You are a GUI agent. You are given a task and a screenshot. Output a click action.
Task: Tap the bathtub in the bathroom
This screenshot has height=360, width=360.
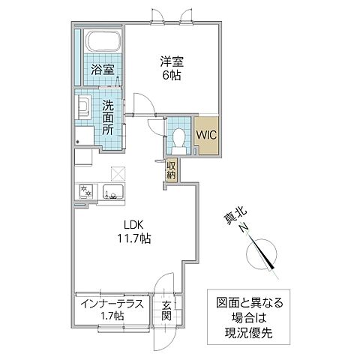click(x=100, y=42)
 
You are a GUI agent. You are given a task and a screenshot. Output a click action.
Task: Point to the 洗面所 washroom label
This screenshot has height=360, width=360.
click(x=109, y=118)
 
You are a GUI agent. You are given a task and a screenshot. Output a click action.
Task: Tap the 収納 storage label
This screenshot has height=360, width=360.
click(x=172, y=170)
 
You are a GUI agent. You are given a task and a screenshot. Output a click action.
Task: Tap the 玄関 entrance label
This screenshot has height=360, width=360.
click(x=166, y=310)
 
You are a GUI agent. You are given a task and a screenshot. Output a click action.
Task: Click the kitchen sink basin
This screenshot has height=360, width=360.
click(x=114, y=193)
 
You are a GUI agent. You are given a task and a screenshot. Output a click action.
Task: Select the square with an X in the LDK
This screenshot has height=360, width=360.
click(x=116, y=172)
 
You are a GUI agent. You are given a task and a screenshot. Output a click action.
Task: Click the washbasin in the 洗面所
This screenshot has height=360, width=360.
click(x=84, y=106)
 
